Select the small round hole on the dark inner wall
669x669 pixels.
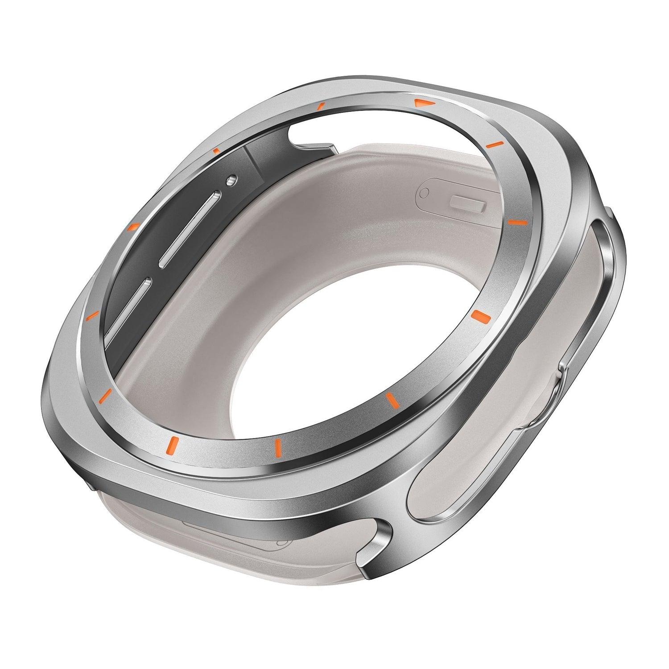(230, 180)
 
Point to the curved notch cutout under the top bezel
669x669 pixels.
(303, 136)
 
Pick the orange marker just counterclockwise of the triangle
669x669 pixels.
(320, 106)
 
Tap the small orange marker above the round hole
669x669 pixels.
(216, 151)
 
